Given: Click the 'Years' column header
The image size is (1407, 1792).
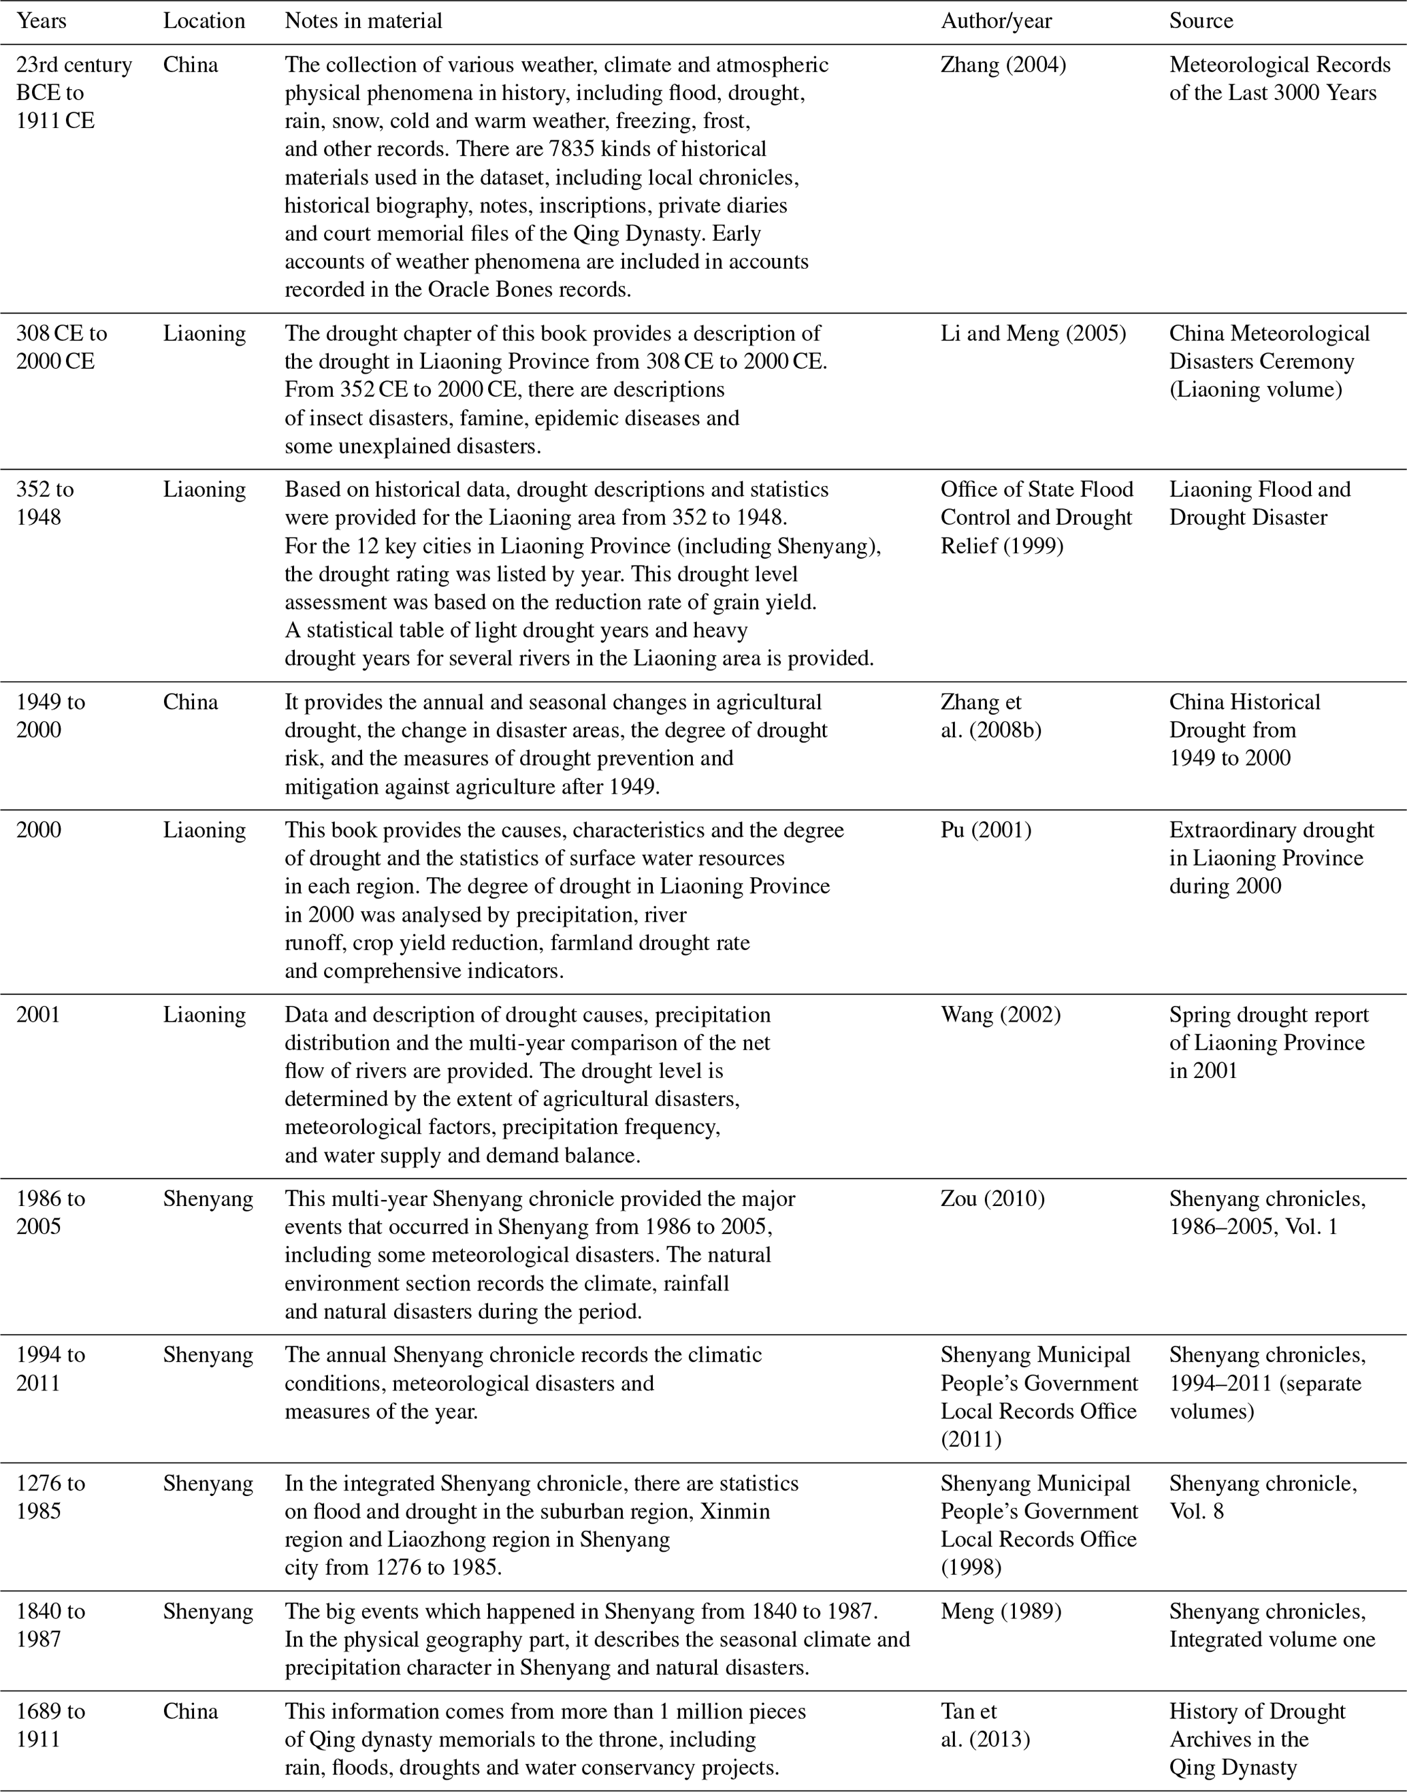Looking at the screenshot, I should pos(42,20).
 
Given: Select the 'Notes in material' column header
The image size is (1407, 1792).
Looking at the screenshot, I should pos(363,20).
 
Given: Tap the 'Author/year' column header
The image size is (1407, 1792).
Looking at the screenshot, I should pos(996,20).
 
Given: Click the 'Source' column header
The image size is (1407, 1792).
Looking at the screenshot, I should pos(1200,20).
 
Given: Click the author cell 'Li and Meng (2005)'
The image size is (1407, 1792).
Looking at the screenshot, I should pos(1033,333).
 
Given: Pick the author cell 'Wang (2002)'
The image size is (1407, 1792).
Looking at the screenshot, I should pos(1000,1015).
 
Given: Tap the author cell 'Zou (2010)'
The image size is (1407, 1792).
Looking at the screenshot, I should pos(992,1199).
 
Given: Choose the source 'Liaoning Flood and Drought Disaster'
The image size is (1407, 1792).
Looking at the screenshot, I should pos(1259,503).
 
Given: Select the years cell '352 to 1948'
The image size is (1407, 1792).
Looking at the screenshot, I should pos(44,503).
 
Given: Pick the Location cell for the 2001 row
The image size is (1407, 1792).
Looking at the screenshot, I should pos(204,1015).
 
